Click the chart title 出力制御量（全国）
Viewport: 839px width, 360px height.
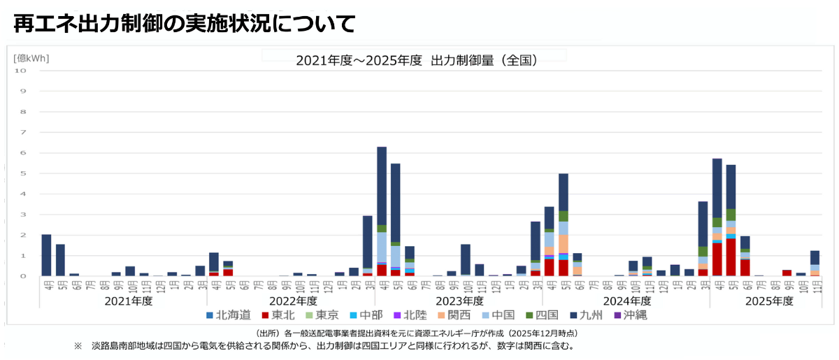(x=416, y=61)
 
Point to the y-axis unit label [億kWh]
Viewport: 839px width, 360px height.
(x=31, y=58)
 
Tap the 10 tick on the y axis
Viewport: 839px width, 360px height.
(x=20, y=71)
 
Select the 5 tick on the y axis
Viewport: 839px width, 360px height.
(x=23, y=173)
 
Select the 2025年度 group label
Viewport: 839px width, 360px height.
(x=769, y=301)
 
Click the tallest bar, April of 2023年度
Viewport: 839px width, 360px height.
(x=382, y=210)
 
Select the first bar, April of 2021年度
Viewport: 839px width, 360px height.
(x=46, y=255)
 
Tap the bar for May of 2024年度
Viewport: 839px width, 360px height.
(x=564, y=224)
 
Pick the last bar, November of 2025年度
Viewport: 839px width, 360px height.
(x=815, y=263)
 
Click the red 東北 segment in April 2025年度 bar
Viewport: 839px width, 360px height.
(x=717, y=259)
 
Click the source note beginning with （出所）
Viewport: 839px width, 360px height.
(x=417, y=333)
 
